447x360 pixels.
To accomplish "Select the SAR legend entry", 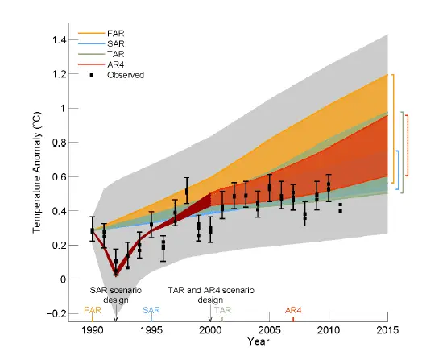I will [118, 45].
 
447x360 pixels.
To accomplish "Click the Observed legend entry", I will [125, 75].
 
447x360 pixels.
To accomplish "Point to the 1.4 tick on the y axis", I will [68, 39].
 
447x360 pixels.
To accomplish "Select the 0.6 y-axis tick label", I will [68, 176].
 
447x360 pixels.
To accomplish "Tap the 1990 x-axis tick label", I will [93, 330].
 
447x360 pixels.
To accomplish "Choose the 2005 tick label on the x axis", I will [269, 330].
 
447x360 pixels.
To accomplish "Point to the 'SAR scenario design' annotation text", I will [117, 292].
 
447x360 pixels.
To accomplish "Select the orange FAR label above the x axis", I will [93, 309].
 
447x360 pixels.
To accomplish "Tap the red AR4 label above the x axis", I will [293, 309].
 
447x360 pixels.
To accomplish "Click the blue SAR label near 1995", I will [151, 309].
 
